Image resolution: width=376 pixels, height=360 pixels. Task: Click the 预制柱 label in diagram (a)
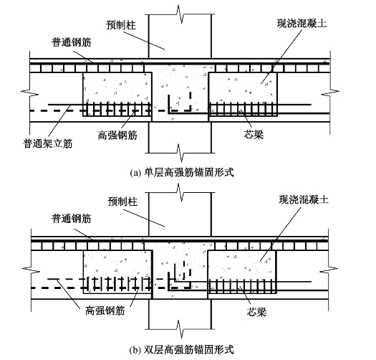[x=121, y=25]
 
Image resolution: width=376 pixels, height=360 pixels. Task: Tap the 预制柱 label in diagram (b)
[x=122, y=202]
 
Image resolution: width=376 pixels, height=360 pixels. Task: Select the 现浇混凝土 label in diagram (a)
[x=302, y=23]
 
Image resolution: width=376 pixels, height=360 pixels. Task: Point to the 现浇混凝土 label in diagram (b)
[x=304, y=199]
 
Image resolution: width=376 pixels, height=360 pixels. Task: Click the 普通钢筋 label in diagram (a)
[x=71, y=42]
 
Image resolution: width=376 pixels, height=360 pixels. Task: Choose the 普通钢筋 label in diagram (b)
[x=71, y=219]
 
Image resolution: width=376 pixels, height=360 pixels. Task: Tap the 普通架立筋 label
[x=48, y=143]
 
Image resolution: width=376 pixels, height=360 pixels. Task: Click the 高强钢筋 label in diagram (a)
[x=117, y=135]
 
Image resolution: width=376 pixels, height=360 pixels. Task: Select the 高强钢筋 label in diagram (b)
[x=105, y=311]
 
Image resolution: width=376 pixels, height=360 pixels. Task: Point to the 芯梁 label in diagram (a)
[x=254, y=134]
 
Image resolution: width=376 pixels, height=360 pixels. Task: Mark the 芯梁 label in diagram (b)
[x=256, y=312]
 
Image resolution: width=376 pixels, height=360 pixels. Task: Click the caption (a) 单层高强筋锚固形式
[x=182, y=173]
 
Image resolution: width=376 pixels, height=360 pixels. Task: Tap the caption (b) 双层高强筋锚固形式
[x=181, y=350]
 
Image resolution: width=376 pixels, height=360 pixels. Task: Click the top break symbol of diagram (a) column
[x=180, y=14]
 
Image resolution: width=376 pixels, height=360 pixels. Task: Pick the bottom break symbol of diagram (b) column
[x=180, y=328]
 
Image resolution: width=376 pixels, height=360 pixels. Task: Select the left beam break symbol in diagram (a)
[x=30, y=93]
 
